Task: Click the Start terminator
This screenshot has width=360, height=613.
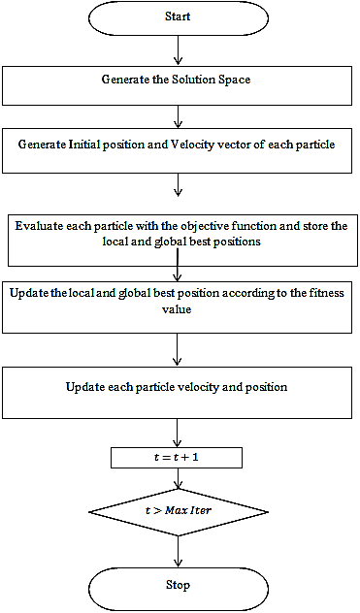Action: click(x=177, y=17)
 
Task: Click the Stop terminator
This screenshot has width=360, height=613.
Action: click(x=177, y=586)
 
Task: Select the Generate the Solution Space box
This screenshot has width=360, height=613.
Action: click(x=177, y=84)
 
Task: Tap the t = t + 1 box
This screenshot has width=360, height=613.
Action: click(x=177, y=457)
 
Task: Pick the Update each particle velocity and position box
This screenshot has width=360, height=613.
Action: click(x=177, y=391)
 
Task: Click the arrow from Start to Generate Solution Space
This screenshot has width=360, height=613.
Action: click(x=177, y=50)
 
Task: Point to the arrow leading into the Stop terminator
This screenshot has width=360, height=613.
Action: click(x=177, y=553)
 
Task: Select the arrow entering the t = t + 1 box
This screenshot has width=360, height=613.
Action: click(x=177, y=433)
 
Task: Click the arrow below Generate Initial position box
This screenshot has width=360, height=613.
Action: click(x=177, y=185)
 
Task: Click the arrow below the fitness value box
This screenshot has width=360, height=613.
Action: click(x=177, y=347)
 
